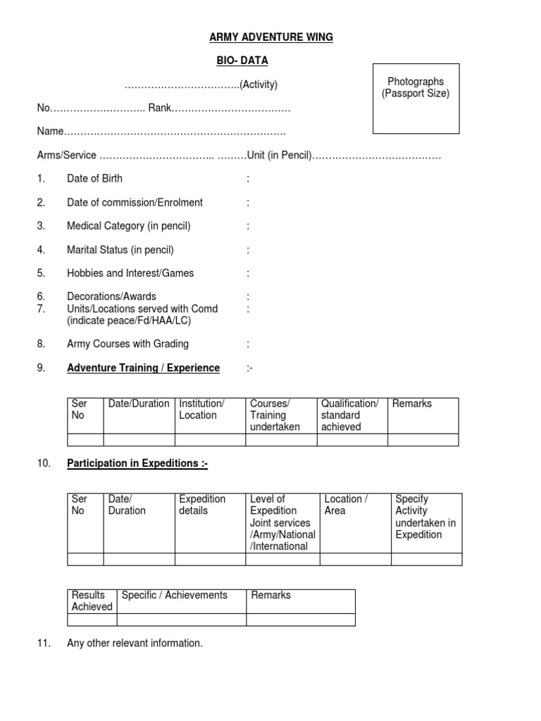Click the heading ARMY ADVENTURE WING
pyautogui.click(x=271, y=37)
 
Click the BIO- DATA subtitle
pyautogui.click(x=242, y=61)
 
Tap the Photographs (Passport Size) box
pyautogui.click(x=416, y=97)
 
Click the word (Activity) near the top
pyautogui.click(x=259, y=85)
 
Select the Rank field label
pyautogui.click(x=159, y=108)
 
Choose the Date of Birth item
pyautogui.click(x=94, y=179)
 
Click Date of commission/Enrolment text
pyautogui.click(x=135, y=202)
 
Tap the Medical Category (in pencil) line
pyautogui.click(x=128, y=226)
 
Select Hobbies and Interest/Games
pyautogui.click(x=130, y=273)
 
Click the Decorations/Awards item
pyautogui.click(x=111, y=296)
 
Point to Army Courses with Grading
pyautogui.click(x=128, y=344)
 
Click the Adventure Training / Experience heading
pyautogui.click(x=143, y=368)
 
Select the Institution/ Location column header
pyautogui.click(x=202, y=409)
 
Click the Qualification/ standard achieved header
pyautogui.click(x=350, y=415)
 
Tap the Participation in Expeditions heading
pyautogui.click(x=137, y=463)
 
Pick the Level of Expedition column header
pyautogui.click(x=281, y=522)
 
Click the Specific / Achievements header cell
pyautogui.click(x=175, y=595)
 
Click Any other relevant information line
pyautogui.click(x=135, y=643)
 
